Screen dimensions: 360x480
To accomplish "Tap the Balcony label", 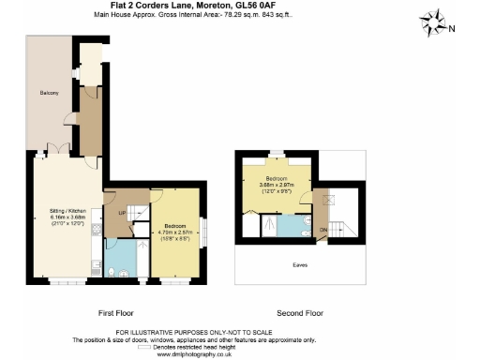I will coord(49,92).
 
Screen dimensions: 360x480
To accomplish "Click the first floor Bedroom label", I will coord(174,226).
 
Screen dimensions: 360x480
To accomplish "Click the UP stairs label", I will coord(121,214).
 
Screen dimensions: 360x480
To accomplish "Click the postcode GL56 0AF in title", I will coord(305,6).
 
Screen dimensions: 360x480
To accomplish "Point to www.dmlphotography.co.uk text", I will coord(239,354).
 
